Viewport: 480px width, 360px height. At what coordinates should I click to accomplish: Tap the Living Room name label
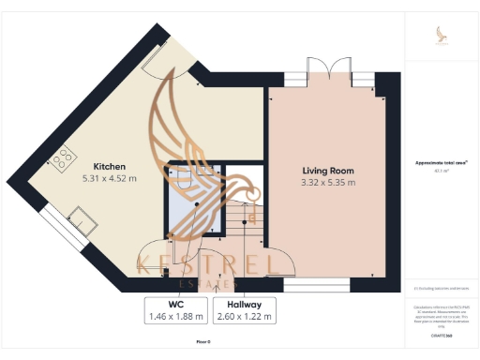[x=328, y=171]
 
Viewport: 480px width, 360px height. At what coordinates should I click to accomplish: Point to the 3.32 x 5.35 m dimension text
[x=328, y=183]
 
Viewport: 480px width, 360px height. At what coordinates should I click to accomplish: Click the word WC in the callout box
[x=176, y=305]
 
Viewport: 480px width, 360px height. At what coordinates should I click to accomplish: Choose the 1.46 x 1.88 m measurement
[x=176, y=317]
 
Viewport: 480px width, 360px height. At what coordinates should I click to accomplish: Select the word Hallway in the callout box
[x=244, y=305]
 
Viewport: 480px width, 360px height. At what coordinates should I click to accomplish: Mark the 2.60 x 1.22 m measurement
[x=244, y=317]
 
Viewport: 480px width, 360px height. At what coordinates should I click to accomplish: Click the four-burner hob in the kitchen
[x=64, y=159]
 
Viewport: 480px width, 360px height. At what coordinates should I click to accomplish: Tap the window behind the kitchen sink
[x=59, y=224]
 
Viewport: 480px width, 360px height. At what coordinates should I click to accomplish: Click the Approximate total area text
[x=441, y=162]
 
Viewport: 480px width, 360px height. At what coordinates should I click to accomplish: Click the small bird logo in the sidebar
[x=442, y=36]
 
